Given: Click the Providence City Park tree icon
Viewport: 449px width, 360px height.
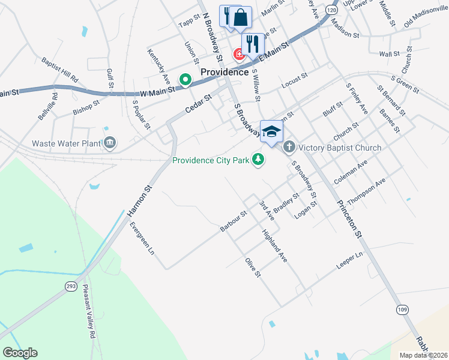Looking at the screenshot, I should pyautogui.click(x=259, y=160).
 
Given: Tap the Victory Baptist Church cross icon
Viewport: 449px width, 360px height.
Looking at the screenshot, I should pyautogui.click(x=289, y=147).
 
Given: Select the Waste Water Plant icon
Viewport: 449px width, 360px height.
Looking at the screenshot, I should pyautogui.click(x=110, y=143).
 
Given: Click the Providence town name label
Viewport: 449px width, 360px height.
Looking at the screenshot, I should pyautogui.click(x=224, y=72).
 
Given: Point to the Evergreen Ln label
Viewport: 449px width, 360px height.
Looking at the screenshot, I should pyautogui.click(x=142, y=238).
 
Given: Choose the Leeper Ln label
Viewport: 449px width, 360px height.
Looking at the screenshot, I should pyautogui.click(x=351, y=257).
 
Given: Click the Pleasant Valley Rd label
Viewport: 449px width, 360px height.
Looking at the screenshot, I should pyautogui.click(x=90, y=312).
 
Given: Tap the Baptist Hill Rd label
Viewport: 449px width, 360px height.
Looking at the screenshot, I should pyautogui.click(x=60, y=70).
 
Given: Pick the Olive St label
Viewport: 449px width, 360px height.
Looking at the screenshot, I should pyautogui.click(x=253, y=267).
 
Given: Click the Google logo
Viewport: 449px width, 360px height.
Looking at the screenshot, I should pyautogui.click(x=20, y=353).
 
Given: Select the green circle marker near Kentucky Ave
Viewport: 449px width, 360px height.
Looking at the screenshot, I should pyautogui.click(x=185, y=79).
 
